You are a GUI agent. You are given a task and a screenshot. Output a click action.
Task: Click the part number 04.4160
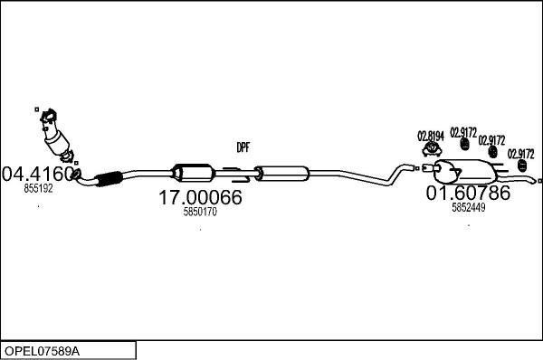(38, 172)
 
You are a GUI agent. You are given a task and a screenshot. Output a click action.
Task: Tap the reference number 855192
(38, 189)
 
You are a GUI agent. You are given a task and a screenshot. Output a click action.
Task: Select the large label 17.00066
(200, 197)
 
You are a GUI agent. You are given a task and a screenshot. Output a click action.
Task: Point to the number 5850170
(200, 213)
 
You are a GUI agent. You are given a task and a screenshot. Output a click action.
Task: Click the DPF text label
(243, 147)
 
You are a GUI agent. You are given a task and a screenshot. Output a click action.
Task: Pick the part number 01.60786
(468, 192)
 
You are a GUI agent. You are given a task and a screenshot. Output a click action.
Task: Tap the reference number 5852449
(469, 207)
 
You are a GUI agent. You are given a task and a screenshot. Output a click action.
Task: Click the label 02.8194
(431, 137)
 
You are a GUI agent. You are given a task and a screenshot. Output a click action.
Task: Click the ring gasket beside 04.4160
(78, 173)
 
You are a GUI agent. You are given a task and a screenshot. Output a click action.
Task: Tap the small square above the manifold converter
(37, 111)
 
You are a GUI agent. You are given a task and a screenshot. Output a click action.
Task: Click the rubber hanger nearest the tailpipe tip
(520, 168)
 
